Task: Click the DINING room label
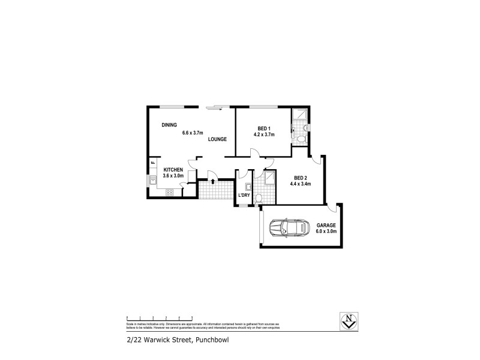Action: [170, 125]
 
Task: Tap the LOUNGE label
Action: [217, 139]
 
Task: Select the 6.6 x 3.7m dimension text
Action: [193, 133]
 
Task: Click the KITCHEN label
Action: [173, 170]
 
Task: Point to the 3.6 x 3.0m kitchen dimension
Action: [173, 176]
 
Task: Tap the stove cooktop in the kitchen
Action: [170, 192]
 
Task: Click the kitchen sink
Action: [154, 180]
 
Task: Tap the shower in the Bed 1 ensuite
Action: [299, 116]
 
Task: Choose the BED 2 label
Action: [301, 177]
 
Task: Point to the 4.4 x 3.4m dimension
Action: [301, 184]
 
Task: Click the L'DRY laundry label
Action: [244, 196]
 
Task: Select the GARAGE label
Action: [326, 225]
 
